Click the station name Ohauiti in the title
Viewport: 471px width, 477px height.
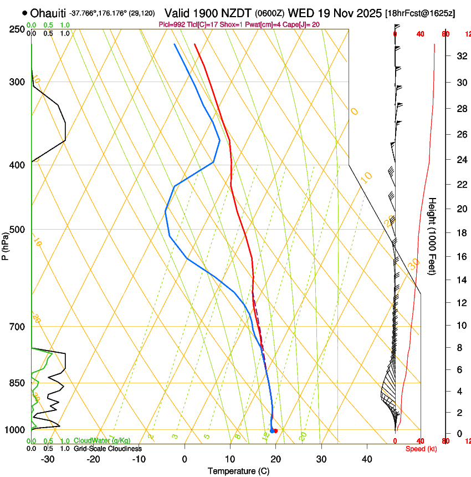tap(49, 13)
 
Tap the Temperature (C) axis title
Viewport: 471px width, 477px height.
tap(238, 471)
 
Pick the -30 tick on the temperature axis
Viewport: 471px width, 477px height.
tap(48, 459)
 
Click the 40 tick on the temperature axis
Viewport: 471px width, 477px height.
tap(367, 459)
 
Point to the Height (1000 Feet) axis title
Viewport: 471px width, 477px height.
tap(432, 236)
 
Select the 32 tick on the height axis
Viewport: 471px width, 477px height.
tap(460, 56)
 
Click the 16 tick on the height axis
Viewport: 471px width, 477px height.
tap(460, 257)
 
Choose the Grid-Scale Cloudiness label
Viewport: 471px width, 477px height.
tap(107, 449)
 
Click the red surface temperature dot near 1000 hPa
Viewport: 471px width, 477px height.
tap(275, 431)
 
